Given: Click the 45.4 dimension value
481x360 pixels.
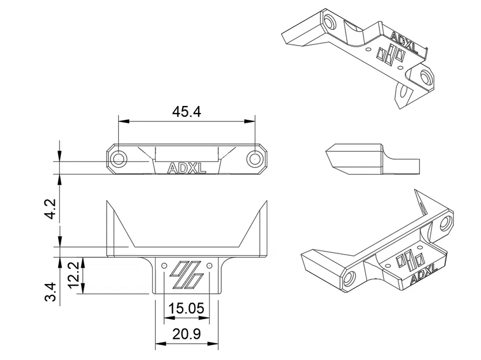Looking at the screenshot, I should click(x=187, y=112).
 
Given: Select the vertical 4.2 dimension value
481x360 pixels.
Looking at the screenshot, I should click(x=50, y=209).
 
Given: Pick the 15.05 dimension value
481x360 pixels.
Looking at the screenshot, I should click(x=186, y=309).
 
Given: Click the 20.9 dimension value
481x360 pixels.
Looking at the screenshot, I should click(x=186, y=334).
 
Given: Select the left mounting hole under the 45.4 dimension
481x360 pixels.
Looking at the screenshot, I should click(x=119, y=158).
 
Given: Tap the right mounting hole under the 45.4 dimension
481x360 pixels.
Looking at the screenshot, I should click(x=254, y=158).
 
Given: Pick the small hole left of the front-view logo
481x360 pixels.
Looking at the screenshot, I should click(x=164, y=266).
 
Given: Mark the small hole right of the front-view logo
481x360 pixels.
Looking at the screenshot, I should click(x=209, y=266).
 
